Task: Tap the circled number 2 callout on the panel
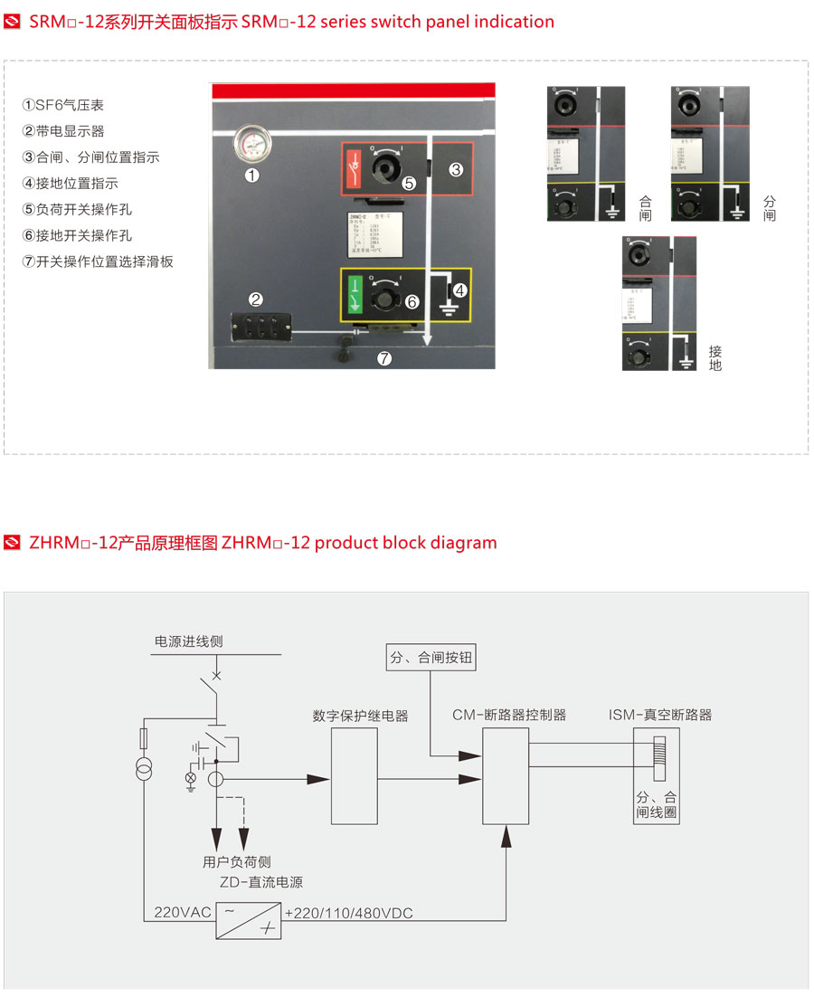[x=256, y=299]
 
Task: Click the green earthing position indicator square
[x=355, y=294]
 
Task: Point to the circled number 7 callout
[x=384, y=359]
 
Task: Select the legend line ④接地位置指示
[x=70, y=183]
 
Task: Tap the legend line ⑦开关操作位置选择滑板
[x=98, y=261]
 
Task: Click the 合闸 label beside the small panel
[x=645, y=208]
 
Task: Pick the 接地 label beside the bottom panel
[x=715, y=358]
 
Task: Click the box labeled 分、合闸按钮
[x=430, y=658]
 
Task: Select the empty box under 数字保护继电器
[x=354, y=776]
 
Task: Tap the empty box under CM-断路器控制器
[x=506, y=776]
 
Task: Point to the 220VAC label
[x=181, y=913]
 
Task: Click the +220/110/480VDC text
[x=348, y=913]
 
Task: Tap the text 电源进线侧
[x=188, y=641]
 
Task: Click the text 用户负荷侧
[x=236, y=861]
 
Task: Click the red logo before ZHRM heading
[x=12, y=543]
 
